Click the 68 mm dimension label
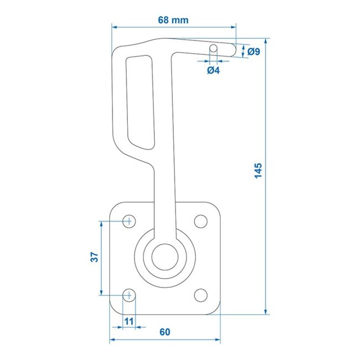click(x=173, y=20)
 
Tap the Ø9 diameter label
click(x=254, y=52)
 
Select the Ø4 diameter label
click(x=213, y=70)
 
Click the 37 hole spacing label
click(x=94, y=257)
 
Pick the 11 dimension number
click(x=128, y=321)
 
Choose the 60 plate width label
click(x=164, y=332)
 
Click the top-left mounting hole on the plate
click(x=128, y=221)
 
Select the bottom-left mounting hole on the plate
click(x=128, y=294)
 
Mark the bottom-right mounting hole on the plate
click(x=200, y=294)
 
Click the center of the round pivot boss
click(x=164, y=257)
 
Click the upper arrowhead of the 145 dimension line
click(x=267, y=41)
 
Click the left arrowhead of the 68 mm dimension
click(x=114, y=25)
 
